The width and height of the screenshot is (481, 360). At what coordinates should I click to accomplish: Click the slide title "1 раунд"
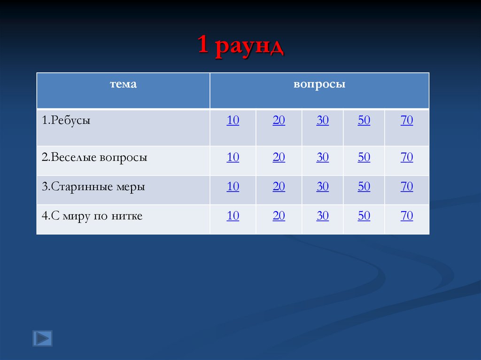[240, 46]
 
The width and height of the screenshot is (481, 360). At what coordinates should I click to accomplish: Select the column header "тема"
[123, 84]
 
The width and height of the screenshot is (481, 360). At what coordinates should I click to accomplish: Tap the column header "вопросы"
[319, 84]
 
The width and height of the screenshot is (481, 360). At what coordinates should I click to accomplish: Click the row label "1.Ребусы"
[66, 121]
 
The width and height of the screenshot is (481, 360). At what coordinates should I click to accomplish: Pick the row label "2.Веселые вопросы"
[94, 158]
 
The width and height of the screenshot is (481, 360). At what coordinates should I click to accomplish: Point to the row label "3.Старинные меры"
[93, 187]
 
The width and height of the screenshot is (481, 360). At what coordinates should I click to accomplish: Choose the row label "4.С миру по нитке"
[92, 216]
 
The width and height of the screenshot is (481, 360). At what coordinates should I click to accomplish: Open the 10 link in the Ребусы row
[233, 121]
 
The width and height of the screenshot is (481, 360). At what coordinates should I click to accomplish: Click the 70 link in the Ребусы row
[407, 121]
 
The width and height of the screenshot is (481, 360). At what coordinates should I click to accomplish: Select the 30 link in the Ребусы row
[323, 121]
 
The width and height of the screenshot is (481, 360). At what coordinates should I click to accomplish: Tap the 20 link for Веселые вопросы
[279, 158]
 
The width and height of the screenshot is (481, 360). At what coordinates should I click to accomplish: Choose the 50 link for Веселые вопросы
[364, 158]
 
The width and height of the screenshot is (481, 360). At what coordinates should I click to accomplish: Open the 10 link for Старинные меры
[233, 187]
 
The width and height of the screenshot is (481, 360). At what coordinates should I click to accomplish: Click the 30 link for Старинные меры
[323, 187]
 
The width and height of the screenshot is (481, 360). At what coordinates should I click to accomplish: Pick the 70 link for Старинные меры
[407, 187]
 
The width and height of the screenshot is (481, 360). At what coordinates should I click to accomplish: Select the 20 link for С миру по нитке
[279, 216]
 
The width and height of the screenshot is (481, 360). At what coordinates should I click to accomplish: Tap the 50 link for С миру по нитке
[364, 216]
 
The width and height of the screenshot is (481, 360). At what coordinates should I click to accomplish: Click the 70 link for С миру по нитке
[407, 216]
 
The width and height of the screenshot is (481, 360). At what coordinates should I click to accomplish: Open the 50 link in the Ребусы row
[364, 121]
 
